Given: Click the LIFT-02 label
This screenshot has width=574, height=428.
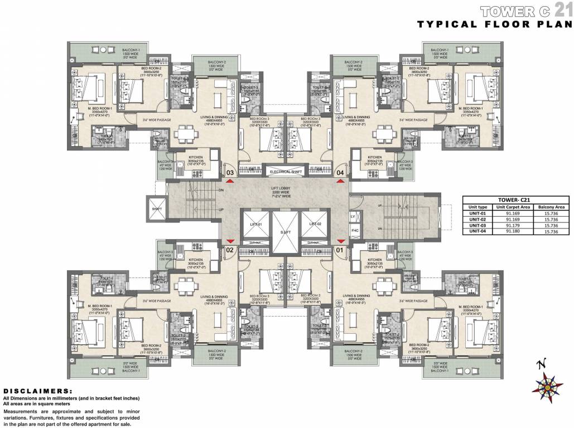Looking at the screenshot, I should pos(316,223).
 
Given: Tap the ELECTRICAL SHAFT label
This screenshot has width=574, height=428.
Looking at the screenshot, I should pos(286,172).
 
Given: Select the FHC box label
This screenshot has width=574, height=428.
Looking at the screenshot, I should pos(354,230).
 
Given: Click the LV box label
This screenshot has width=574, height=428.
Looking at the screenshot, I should pos(353,216).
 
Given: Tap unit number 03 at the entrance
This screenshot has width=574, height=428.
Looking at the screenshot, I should pos(230,173).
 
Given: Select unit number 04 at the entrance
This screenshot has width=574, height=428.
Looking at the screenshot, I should pos(340,173).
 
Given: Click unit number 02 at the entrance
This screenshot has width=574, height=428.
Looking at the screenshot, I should pos(229,250).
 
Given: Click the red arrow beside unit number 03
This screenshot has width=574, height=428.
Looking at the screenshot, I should pos(230,182).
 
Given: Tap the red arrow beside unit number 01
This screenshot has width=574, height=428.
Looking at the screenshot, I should pos(340,241).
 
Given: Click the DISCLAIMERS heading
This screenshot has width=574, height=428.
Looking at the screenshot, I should pos(38,391).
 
